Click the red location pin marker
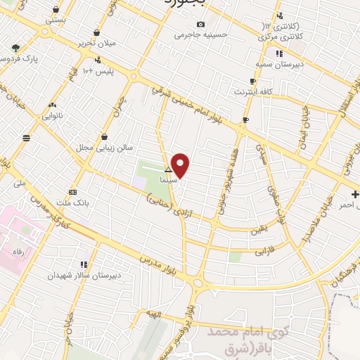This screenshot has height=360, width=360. [x=181, y=165]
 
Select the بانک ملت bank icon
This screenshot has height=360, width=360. [x=73, y=192]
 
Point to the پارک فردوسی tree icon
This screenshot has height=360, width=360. [x=15, y=49]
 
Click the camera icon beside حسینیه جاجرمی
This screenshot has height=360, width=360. [x=200, y=25]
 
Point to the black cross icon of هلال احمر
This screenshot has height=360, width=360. [x=355, y=194]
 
